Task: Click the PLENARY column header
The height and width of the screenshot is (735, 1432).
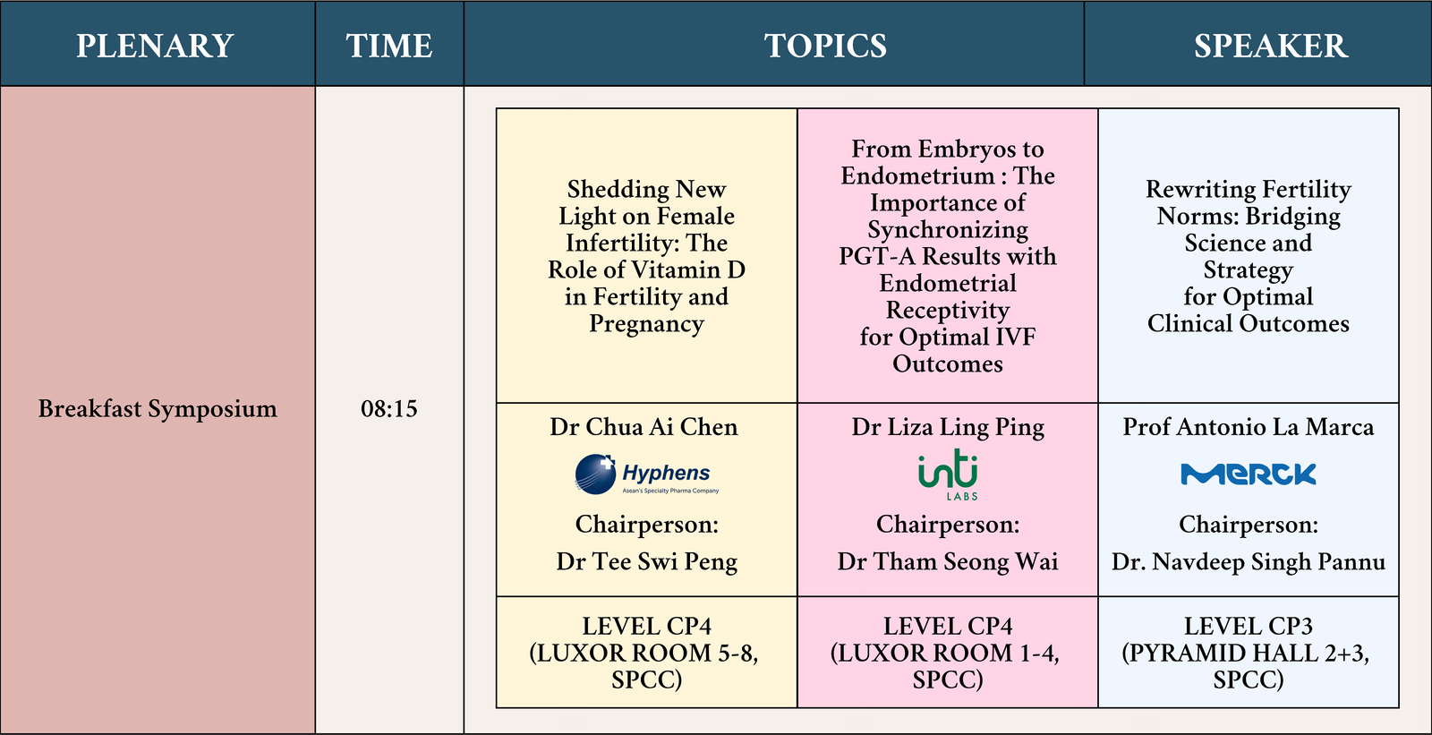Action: [155, 46]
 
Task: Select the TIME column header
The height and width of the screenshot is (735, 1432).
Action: [389, 46]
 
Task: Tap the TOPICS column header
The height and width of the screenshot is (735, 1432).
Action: [825, 46]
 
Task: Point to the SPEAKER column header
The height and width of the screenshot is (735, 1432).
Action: [1271, 46]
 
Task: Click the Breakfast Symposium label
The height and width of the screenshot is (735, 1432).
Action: [158, 409]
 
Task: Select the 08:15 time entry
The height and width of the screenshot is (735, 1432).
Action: [388, 409]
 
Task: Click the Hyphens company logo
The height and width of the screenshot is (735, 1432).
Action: [646, 474]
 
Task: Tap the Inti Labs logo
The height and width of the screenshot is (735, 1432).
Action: [948, 474]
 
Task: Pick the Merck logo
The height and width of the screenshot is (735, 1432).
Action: [1248, 474]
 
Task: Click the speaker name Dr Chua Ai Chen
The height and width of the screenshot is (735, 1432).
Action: [644, 427]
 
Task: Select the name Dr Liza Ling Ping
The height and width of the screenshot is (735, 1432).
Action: [948, 427]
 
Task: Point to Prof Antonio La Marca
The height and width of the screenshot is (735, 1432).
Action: [1248, 427]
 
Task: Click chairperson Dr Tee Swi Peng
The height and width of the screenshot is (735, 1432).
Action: [646, 561]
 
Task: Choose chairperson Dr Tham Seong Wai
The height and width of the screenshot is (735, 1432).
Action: [948, 561]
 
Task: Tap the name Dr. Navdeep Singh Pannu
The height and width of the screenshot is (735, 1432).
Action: [1248, 561]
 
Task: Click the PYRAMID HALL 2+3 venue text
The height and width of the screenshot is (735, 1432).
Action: [1245, 654]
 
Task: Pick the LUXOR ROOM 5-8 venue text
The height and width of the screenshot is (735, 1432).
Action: [644, 654]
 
